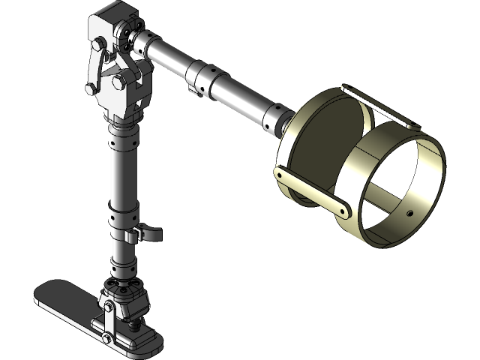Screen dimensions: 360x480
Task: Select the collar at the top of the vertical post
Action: [122, 139]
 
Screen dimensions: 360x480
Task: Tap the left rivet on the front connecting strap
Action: [280, 175]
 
